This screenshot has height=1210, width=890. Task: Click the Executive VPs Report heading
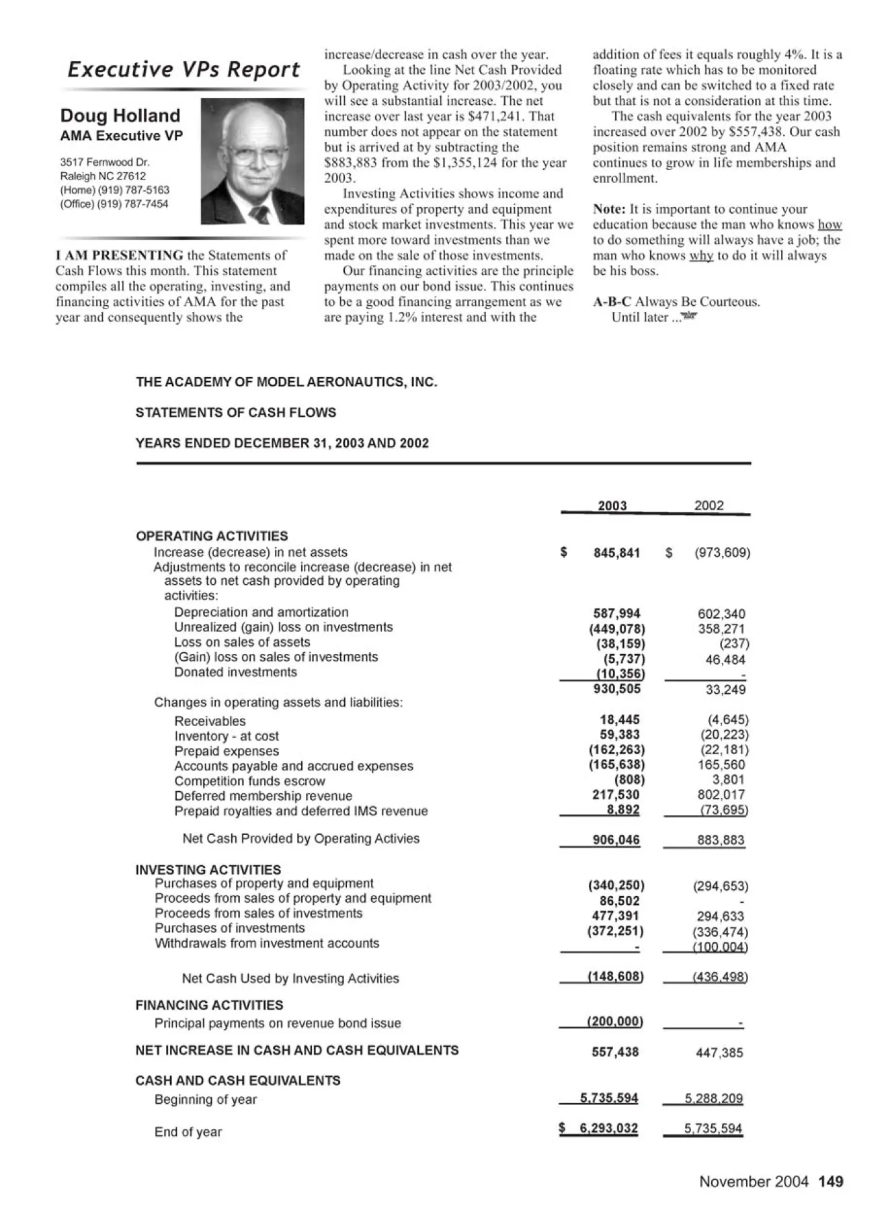184,69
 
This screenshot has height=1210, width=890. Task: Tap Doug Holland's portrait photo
253,161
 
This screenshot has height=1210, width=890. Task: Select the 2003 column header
612,506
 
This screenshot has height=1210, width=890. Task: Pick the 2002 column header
709,506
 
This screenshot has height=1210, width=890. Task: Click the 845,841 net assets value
616,553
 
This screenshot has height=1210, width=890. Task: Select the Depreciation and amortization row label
261,612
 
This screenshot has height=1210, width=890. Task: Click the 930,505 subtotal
617,689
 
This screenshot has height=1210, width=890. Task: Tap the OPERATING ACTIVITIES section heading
212,536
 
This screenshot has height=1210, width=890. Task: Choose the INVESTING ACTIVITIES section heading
208,869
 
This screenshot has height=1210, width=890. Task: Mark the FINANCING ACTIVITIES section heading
209,1005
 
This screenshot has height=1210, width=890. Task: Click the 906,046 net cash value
616,840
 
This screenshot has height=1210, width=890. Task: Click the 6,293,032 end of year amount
608,1128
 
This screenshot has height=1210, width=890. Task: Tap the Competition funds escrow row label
249,781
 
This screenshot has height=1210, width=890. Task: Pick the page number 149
831,1181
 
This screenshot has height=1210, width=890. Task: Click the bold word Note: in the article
610,209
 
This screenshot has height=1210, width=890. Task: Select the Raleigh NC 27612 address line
103,176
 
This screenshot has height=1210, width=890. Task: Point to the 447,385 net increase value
719,1053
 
